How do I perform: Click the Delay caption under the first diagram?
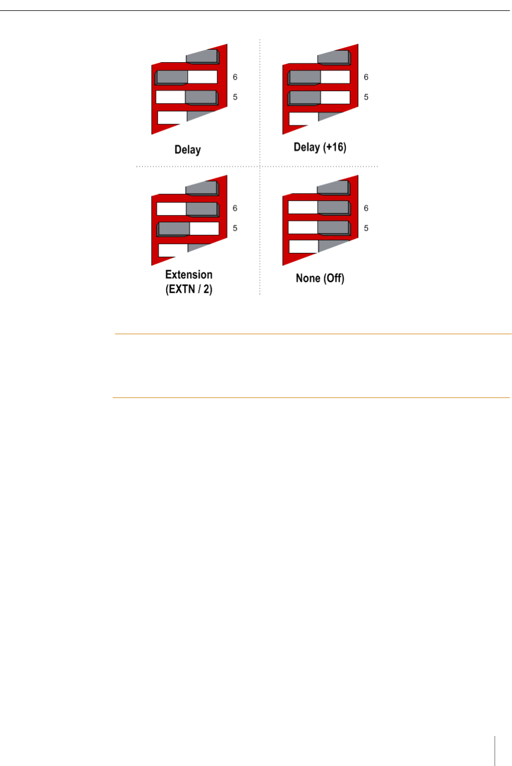(187, 150)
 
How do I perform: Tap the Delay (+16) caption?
(320, 147)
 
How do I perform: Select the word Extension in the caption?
(188, 275)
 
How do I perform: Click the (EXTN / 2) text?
(188, 289)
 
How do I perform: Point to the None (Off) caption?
(320, 278)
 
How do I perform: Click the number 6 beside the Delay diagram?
(235, 77)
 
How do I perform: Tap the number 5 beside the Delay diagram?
(235, 97)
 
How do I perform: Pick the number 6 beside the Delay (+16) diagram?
(366, 77)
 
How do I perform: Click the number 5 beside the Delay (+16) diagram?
(366, 97)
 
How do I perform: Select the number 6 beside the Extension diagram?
(235, 208)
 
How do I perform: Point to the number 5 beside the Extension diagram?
(235, 228)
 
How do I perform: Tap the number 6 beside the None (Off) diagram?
(366, 208)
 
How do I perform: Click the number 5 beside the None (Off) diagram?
(366, 228)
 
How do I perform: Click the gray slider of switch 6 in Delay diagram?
(172, 77)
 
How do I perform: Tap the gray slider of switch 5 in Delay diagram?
(201, 98)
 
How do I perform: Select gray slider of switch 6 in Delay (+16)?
(304, 77)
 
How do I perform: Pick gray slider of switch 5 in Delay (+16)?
(304, 98)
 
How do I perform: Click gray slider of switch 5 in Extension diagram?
(174, 229)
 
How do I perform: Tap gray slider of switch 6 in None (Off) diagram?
(333, 208)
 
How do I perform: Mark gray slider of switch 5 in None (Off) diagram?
(333, 228)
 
